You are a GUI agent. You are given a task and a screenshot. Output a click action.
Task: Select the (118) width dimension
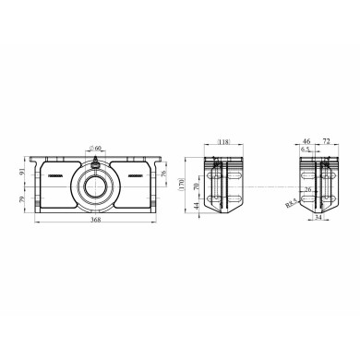point(222,142)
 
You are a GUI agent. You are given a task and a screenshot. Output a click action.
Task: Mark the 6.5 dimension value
point(306,149)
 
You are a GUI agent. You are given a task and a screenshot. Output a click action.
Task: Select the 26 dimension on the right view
point(310,190)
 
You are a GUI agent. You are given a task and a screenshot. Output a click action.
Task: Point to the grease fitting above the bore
point(96,162)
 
